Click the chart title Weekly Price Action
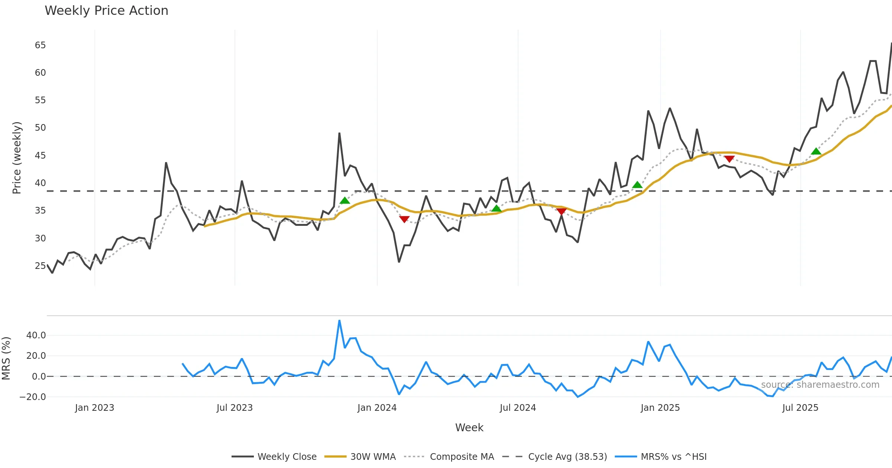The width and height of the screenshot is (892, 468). [x=106, y=11]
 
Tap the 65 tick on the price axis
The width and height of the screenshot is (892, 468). [x=40, y=45]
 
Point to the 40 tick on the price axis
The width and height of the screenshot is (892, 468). [x=40, y=183]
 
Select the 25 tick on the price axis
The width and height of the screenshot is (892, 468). [x=40, y=266]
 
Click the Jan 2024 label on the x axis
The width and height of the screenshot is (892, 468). [x=377, y=408]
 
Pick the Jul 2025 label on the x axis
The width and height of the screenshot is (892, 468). [x=800, y=408]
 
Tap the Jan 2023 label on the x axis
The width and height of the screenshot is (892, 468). [x=94, y=408]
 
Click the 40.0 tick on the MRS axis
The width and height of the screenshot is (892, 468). [x=36, y=335]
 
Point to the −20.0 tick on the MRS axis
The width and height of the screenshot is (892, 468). [x=33, y=397]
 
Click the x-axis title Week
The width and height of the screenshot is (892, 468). [x=469, y=428]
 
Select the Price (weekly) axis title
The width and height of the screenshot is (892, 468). [x=17, y=158]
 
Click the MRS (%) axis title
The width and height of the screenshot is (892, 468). [x=6, y=358]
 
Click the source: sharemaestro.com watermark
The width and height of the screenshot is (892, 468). [x=820, y=385]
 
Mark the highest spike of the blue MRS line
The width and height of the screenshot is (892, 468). [x=339, y=321]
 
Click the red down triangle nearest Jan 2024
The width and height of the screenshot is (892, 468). [x=404, y=219]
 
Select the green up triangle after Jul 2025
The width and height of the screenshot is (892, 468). [x=816, y=151]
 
